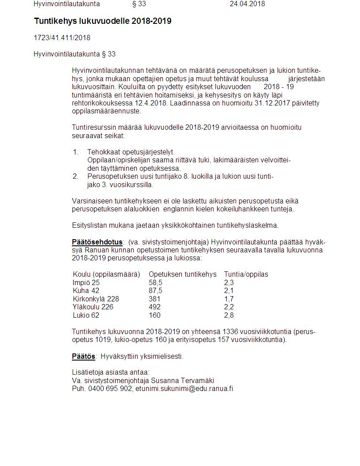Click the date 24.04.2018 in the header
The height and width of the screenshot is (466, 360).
click(247, 4)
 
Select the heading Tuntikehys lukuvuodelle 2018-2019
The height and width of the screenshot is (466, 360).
click(103, 21)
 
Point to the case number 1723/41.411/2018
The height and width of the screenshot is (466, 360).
click(62, 38)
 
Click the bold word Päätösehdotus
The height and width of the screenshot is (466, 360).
click(97, 242)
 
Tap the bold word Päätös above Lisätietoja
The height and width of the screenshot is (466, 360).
click(83, 356)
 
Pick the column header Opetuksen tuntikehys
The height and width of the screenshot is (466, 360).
click(182, 274)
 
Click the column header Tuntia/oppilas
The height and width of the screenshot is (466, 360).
click(246, 274)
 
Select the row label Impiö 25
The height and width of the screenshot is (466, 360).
click(86, 282)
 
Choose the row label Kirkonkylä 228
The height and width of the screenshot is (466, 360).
click(96, 299)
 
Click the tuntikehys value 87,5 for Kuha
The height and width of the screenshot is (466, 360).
click(155, 291)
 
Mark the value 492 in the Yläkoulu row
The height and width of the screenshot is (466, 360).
click(154, 307)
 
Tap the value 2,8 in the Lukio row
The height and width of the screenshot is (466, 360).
click(229, 315)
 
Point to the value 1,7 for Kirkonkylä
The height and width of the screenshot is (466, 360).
click(229, 299)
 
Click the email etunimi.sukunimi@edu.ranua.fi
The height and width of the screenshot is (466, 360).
click(184, 389)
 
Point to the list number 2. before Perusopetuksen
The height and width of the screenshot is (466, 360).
click(75, 177)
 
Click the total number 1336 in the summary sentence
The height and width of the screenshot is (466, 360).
click(230, 331)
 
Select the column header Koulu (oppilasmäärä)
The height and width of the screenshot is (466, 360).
click(106, 274)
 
